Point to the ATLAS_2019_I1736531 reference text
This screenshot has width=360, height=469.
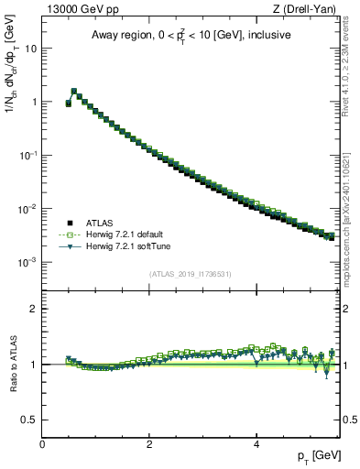191,274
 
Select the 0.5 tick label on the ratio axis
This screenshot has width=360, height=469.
30,420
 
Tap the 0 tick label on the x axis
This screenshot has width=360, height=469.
42,443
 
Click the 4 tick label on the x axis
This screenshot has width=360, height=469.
256,443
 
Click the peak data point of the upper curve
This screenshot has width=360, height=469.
74,91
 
